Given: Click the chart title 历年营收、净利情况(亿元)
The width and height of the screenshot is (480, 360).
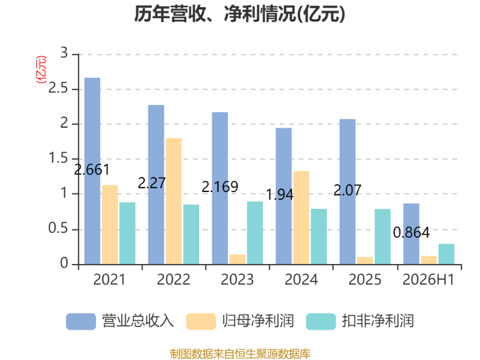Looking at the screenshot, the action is point(239,14).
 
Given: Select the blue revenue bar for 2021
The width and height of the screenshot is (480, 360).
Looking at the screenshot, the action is point(92,171).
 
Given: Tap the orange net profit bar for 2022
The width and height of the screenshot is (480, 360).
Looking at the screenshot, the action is point(173,201).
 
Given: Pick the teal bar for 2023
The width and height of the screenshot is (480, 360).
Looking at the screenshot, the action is point(255,233).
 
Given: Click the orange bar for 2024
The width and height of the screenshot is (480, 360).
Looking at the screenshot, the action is point(301,218).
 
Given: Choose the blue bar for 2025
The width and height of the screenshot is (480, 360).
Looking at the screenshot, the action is point(347,191).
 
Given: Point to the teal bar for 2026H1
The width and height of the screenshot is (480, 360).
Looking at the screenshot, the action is point(446,254).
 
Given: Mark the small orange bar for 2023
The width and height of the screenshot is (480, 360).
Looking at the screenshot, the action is point(238,259).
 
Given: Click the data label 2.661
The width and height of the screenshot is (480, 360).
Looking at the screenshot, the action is point(92,170).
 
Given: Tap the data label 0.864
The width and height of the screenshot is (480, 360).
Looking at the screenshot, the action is point(411,233).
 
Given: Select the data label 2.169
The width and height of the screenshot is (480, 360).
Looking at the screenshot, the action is point(220,187).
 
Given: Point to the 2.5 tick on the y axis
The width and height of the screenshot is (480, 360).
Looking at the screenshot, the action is point(58,88).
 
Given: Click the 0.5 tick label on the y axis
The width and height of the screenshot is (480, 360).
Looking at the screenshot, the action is point(58,229).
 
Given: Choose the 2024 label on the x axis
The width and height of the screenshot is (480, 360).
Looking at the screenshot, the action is point(301,280).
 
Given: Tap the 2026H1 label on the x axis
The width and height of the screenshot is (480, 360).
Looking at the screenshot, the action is point(428,280).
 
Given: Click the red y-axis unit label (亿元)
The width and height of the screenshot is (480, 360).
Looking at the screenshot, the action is point(41,70).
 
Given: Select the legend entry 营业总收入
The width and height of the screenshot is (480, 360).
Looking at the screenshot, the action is point(120,321).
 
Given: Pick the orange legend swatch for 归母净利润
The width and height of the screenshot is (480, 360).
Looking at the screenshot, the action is point(201,322).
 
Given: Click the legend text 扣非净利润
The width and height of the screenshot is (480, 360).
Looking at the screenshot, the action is point(378,321).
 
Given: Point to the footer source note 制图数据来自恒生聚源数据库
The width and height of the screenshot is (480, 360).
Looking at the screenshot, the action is point(240,354).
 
